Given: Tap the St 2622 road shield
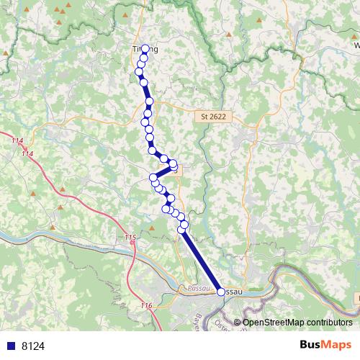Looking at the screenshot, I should coord(211,115).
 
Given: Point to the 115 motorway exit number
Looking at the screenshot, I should coord(130,237).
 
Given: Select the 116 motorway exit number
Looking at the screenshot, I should coord(146,306).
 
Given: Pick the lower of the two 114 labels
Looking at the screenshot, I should coord(27,153).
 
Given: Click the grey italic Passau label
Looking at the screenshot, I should coord(196,287).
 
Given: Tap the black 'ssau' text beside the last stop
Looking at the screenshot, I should coord(233,292).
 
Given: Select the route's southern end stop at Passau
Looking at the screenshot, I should coord(220,292).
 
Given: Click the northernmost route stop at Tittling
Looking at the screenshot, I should coord(145,48).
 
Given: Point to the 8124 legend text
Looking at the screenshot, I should coord(33,346).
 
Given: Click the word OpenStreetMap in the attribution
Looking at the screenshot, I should coord(278,323).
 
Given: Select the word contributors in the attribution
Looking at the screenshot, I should coord(330,323).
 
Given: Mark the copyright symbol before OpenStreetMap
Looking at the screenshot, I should coord(238,323).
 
